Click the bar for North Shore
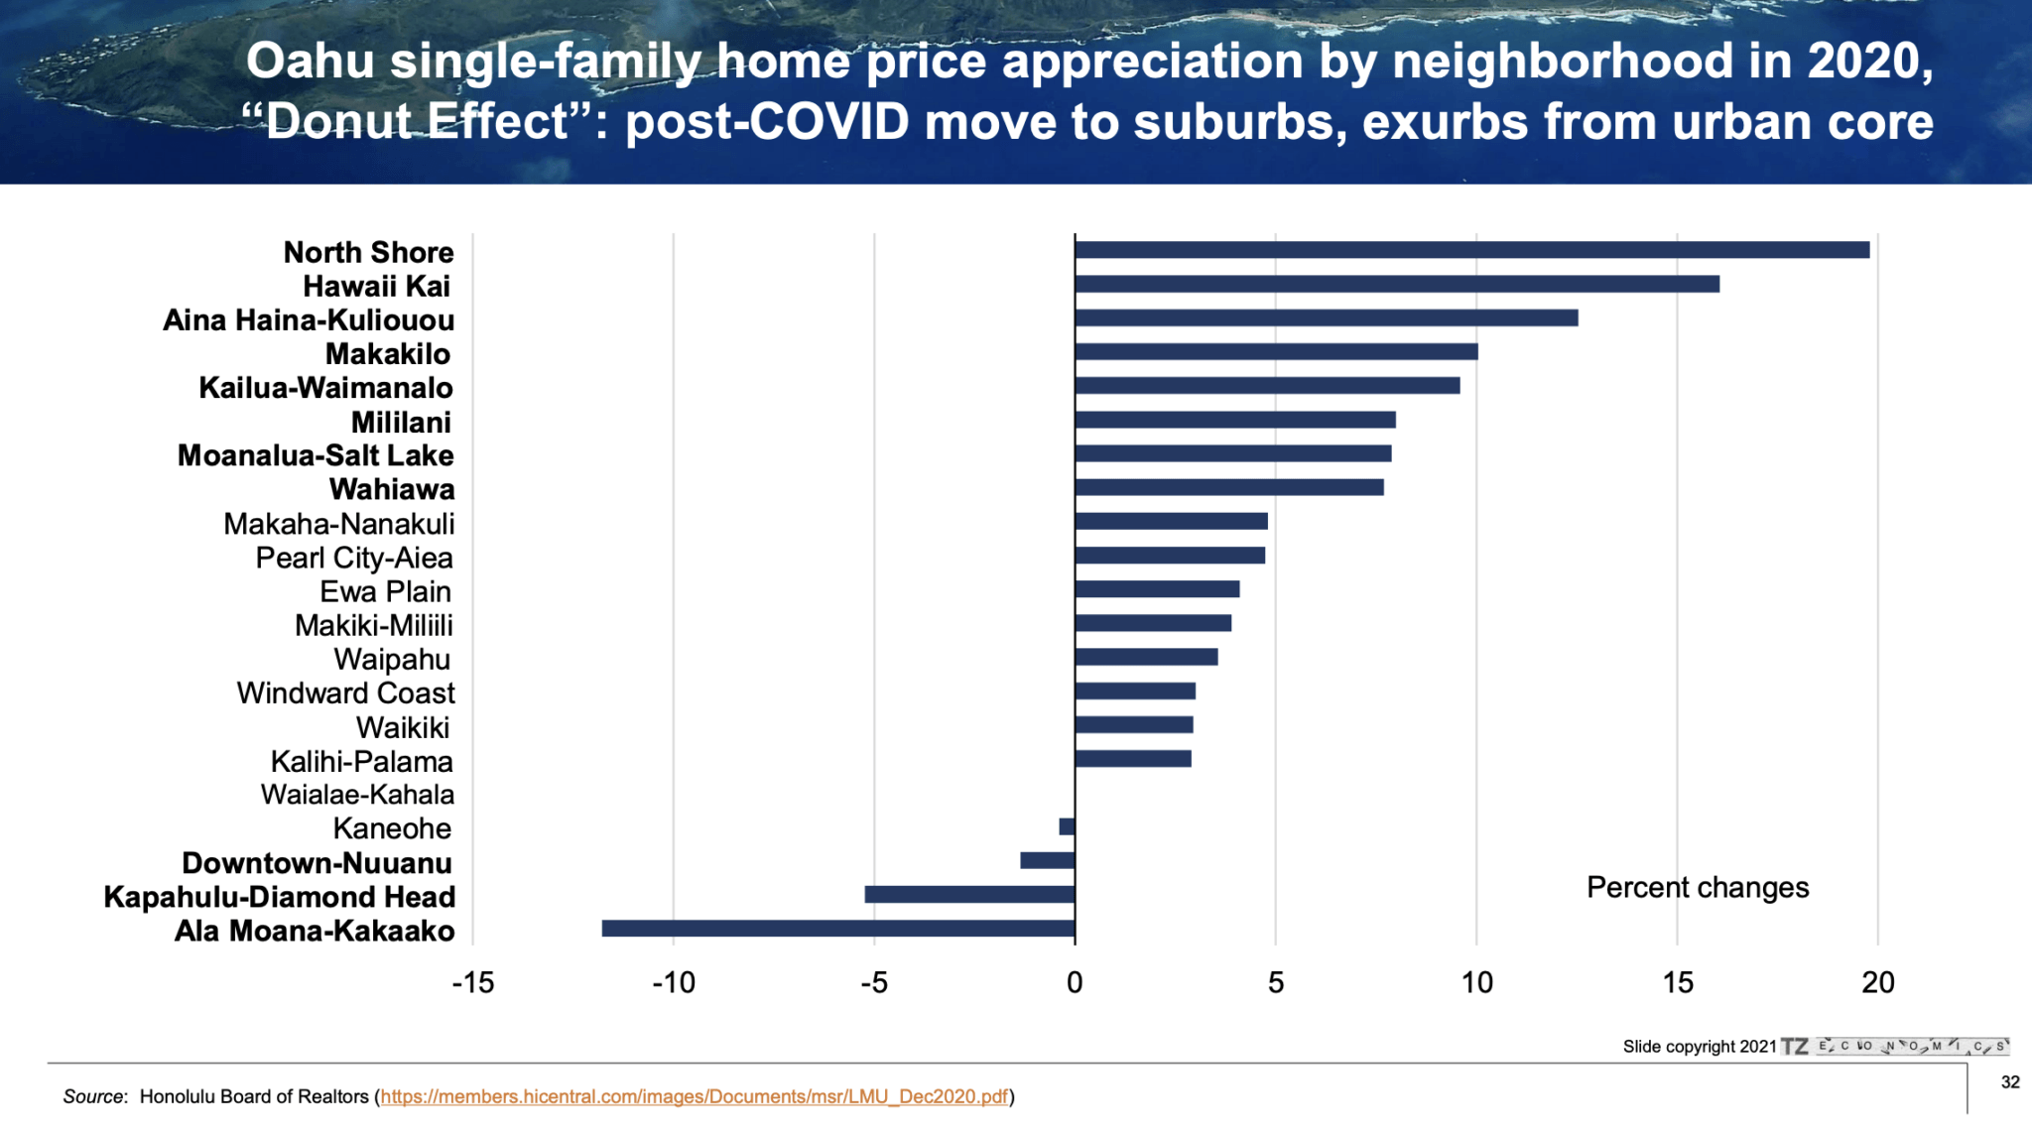click(1471, 250)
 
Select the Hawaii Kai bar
click(1397, 284)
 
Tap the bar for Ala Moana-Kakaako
click(838, 929)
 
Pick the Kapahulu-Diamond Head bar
click(969, 895)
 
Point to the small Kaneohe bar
click(1067, 826)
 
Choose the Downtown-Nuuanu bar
click(1047, 860)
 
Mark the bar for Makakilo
click(1276, 351)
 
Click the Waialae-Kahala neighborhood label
click(357, 795)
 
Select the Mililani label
click(401, 423)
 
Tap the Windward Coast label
click(345, 694)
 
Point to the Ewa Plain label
click(385, 592)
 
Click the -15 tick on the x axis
click(472, 983)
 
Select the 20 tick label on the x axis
click(1878, 983)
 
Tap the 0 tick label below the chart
click(1075, 983)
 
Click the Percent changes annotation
click(1698, 887)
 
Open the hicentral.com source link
click(694, 1096)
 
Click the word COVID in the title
click(828, 122)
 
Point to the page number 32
click(2010, 1082)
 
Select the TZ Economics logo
click(1895, 1047)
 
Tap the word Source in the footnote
click(94, 1096)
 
